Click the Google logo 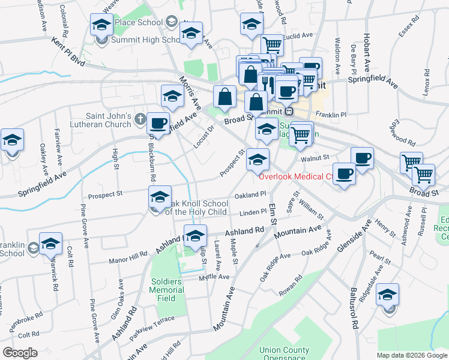20,353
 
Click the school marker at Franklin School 50,243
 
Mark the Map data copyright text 412,355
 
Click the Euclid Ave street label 299,36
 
